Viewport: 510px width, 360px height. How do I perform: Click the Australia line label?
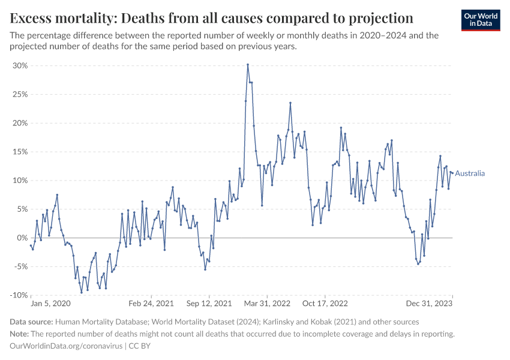pyautogui.click(x=470, y=174)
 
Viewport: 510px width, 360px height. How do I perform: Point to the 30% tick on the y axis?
pyautogui.click(x=20, y=65)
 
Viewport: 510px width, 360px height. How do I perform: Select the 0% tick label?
pyautogui.click(x=22, y=238)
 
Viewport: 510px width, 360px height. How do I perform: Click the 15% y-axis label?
pyautogui.click(x=20, y=152)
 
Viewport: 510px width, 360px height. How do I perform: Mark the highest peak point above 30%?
pyautogui.click(x=248, y=65)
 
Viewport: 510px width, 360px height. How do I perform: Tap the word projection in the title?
pyautogui.click(x=377, y=17)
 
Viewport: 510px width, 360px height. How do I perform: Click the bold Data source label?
pyautogui.click(x=32, y=322)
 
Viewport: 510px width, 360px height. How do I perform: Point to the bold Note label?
pyautogui.click(x=21, y=334)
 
